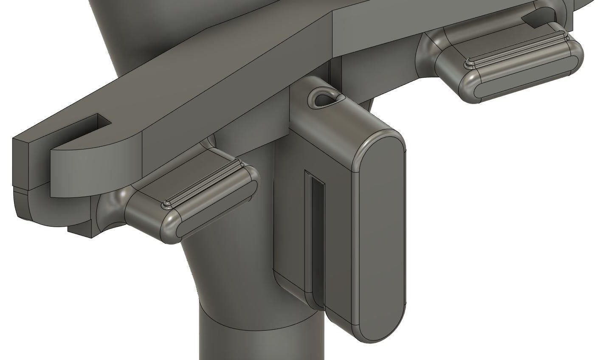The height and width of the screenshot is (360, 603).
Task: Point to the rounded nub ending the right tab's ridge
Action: point(469,64)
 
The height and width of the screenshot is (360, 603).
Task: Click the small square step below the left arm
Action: point(81,230)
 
